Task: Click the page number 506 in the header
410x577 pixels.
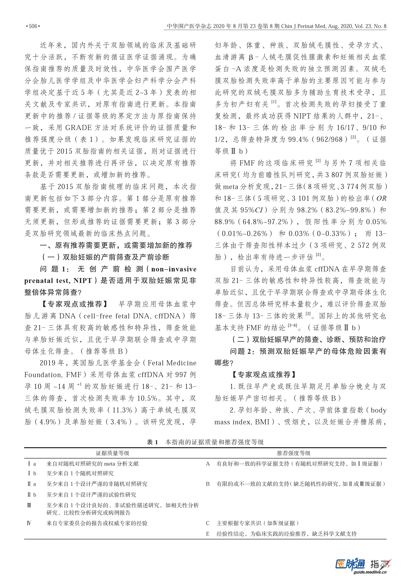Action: pos(33,26)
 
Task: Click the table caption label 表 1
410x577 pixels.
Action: pos(152,442)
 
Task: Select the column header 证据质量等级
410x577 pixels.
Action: pos(112,453)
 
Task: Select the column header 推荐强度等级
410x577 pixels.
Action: pos(293,453)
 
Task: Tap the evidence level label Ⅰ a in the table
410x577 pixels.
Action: pos(32,464)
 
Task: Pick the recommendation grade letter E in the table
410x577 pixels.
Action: pos(207,534)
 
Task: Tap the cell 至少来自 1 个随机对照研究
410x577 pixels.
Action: pos(80,473)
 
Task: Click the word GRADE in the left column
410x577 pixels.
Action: pos(78,128)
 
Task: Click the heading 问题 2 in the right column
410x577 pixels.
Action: pos(242,351)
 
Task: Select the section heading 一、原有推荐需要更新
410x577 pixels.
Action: pos(116,245)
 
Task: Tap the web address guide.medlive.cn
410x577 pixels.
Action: pos(370,572)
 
